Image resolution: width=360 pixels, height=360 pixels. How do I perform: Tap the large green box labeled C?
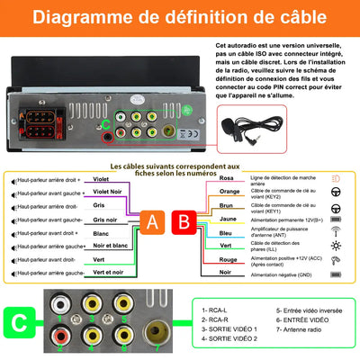(20, 321)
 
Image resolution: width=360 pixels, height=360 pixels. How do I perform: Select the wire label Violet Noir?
(107, 191)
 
